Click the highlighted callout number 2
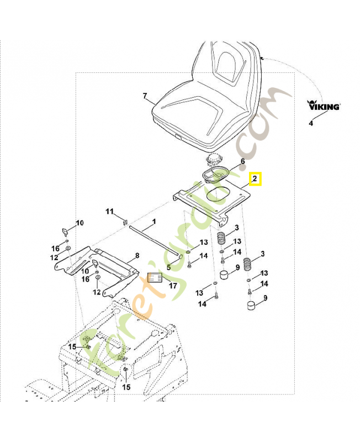(x=256, y=180)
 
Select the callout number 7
(x=145, y=97)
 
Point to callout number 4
(x=311, y=123)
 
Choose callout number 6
(x=241, y=162)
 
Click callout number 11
(x=109, y=212)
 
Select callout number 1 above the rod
(x=154, y=222)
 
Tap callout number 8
(x=137, y=256)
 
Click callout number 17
(x=173, y=286)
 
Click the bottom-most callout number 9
(x=266, y=298)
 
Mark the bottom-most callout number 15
(x=126, y=387)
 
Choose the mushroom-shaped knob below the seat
(x=213, y=161)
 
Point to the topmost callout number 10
(x=80, y=223)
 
